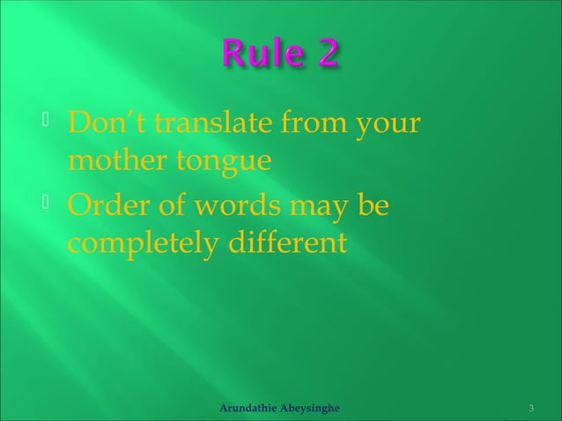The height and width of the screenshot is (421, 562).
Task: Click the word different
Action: [285, 242]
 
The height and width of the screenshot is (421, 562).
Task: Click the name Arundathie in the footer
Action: [249, 409]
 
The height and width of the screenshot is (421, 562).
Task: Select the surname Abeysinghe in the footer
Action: [313, 409]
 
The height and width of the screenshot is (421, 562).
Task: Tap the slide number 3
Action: [531, 409]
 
